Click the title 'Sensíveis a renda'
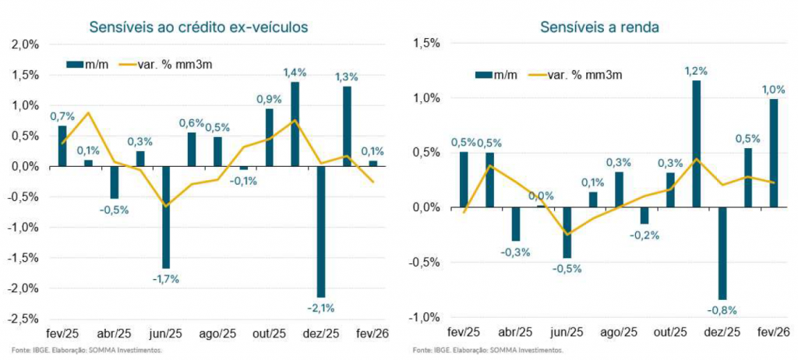(x=600, y=28)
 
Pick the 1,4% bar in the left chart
(x=295, y=124)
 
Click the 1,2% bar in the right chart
(x=696, y=144)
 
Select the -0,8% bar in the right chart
(x=722, y=253)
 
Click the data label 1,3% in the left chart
(x=346, y=76)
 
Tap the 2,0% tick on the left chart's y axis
(x=26, y=44)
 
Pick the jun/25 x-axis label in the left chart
(x=166, y=333)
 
